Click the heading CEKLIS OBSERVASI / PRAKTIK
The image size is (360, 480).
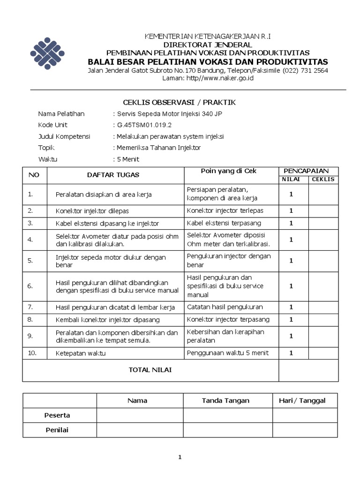click(179, 102)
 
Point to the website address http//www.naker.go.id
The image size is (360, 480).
click(220, 78)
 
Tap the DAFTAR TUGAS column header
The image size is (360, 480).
click(113, 175)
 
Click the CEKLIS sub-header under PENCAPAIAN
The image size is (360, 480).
click(323, 180)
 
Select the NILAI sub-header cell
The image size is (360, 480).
click(293, 180)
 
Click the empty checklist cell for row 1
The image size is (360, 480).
click(323, 194)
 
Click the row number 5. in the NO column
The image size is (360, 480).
click(30, 260)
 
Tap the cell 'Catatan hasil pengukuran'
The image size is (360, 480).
click(225, 307)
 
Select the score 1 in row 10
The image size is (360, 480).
click(291, 352)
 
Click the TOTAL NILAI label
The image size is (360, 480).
click(150, 370)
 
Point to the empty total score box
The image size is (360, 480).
click(308, 370)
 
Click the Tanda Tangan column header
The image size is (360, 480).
click(225, 400)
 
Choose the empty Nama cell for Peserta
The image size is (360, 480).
click(140, 415)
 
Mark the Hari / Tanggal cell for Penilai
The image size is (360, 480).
click(305, 429)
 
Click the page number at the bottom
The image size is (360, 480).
click(180, 457)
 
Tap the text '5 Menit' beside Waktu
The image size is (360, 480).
click(128, 159)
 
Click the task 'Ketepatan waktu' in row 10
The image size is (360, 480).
click(80, 353)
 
